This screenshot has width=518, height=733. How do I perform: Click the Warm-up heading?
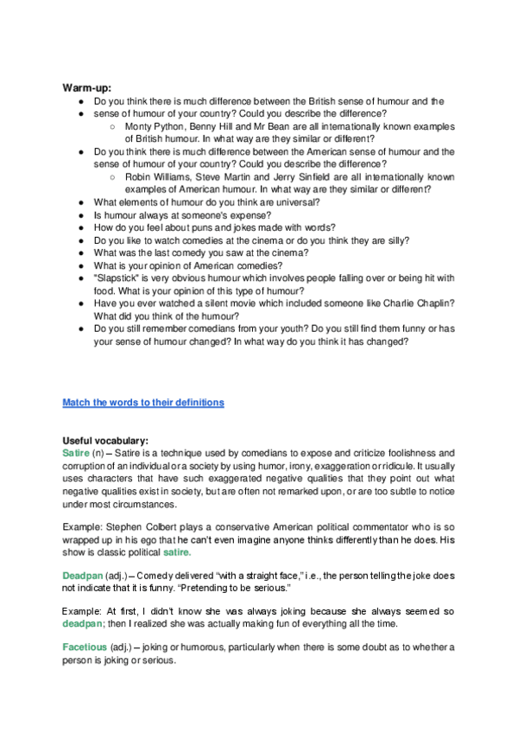pyautogui.click(x=87, y=87)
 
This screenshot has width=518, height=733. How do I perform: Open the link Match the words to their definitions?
pyautogui.click(x=143, y=403)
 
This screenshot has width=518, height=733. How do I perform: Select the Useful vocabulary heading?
pyautogui.click(x=106, y=441)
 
